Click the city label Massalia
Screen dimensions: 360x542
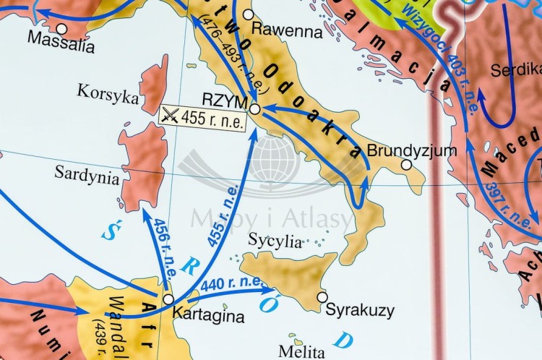pos(61,45)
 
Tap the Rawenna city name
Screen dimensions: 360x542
pos(287,31)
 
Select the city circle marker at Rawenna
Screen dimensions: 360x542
pos(249,14)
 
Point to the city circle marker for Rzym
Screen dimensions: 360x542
pos(255,109)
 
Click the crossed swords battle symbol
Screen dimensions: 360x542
pos(171,116)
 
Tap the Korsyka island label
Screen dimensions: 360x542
pos(108,93)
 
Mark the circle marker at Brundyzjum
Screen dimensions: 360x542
pos(406,165)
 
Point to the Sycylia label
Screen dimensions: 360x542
pos(274,241)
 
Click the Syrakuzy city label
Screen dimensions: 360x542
pos(360,311)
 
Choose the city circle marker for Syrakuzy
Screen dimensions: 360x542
pos(322,296)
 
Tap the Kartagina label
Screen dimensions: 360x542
pos(210,316)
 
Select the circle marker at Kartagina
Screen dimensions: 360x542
pos(168,299)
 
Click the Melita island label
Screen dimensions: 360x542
pos(300,352)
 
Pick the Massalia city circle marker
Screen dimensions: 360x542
pos(61,29)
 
